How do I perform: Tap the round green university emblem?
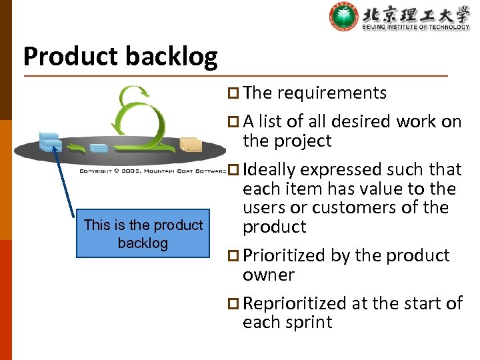click(344, 17)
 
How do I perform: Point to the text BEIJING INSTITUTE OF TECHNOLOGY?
click(415, 27)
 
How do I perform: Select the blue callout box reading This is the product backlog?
click(143, 234)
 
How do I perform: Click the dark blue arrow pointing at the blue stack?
click(65, 180)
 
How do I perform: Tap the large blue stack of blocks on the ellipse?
click(50, 141)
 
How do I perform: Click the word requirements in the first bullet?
click(331, 93)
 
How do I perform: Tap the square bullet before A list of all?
click(232, 122)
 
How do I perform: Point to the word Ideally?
click(270, 170)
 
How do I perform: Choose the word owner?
click(268, 275)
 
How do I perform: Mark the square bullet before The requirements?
click(232, 93)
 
